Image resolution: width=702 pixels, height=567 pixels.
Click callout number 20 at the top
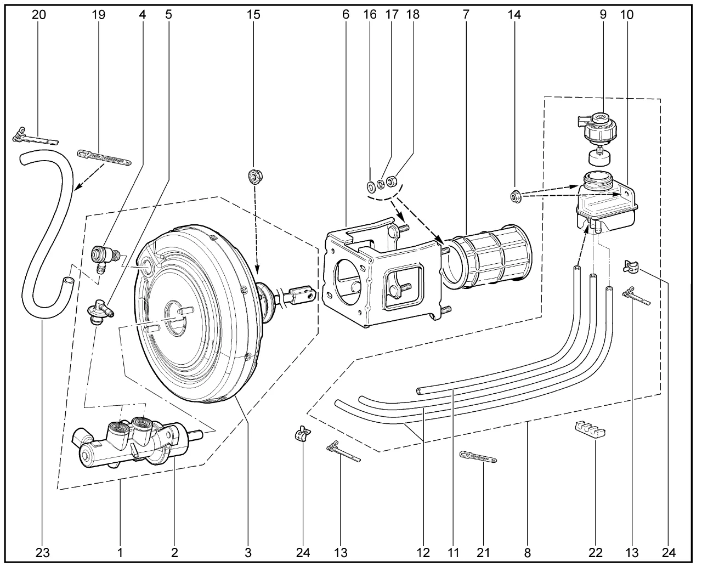pyautogui.click(x=39, y=15)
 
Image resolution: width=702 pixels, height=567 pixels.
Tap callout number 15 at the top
pyautogui.click(x=254, y=15)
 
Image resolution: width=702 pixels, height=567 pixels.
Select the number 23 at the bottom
pyautogui.click(x=42, y=552)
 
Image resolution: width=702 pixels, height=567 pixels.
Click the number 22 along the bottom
pyautogui.click(x=595, y=552)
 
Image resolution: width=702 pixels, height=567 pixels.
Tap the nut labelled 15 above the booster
pyautogui.click(x=254, y=177)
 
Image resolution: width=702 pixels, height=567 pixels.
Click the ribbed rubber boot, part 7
pyautogui.click(x=485, y=258)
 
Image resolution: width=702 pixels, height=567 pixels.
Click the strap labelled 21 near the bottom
pyautogui.click(x=477, y=456)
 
